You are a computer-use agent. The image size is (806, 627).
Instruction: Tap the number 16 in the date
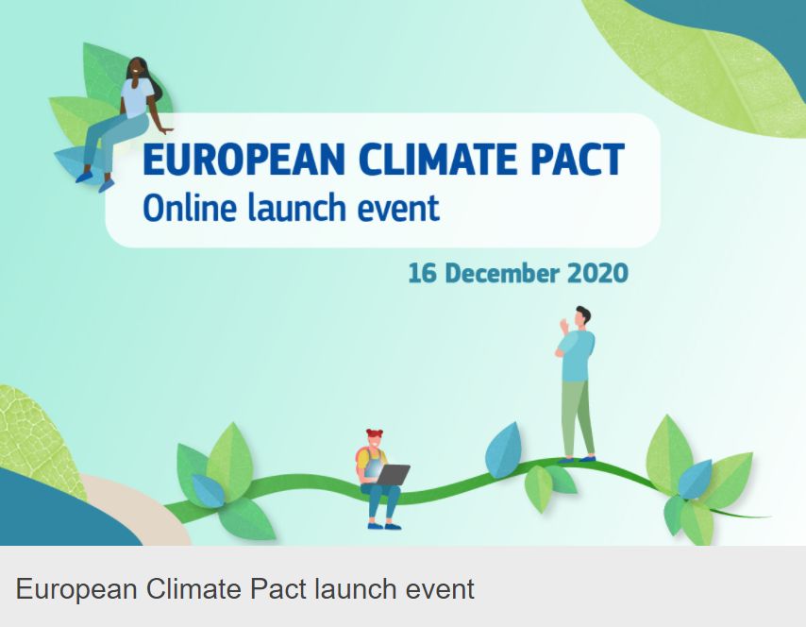click(x=421, y=274)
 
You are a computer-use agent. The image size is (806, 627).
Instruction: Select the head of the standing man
click(x=581, y=315)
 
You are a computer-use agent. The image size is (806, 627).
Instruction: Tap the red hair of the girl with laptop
click(x=376, y=435)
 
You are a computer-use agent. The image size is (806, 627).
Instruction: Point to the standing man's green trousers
click(x=578, y=415)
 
